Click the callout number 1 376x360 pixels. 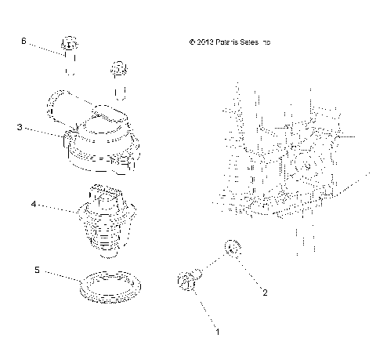point(218,332)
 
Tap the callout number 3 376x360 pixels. point(19,125)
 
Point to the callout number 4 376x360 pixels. point(34,204)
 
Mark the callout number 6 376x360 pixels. point(23,39)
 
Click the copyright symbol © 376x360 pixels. point(190,41)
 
